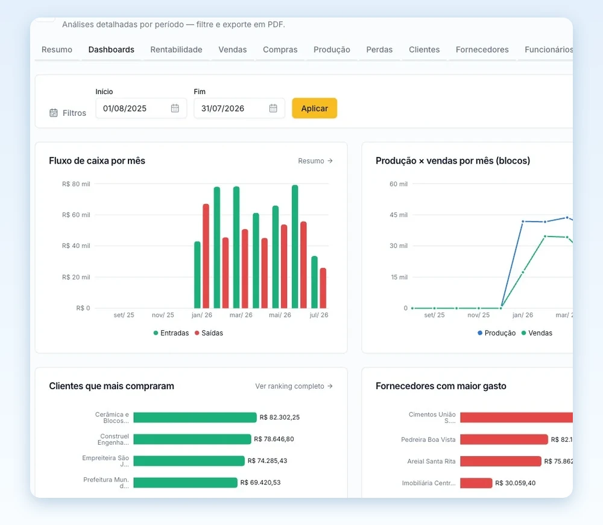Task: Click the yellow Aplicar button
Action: click(314, 108)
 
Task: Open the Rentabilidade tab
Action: click(176, 49)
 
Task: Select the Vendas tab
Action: click(232, 49)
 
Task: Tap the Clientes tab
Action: click(424, 49)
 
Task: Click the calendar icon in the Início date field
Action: click(175, 108)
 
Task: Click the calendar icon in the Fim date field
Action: click(273, 108)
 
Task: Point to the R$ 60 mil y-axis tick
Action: click(76, 215)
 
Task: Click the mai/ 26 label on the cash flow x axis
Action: click(280, 315)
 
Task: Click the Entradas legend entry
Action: click(171, 333)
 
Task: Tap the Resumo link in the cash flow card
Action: click(315, 161)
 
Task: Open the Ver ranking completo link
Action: click(294, 386)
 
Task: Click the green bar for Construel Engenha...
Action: click(192, 439)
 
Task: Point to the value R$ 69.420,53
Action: click(260, 482)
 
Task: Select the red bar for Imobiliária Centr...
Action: click(476, 483)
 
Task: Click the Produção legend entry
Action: click(496, 333)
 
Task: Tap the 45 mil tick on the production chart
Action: click(399, 215)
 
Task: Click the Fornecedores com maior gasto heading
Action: click(441, 386)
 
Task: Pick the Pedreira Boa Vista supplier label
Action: click(428, 439)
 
